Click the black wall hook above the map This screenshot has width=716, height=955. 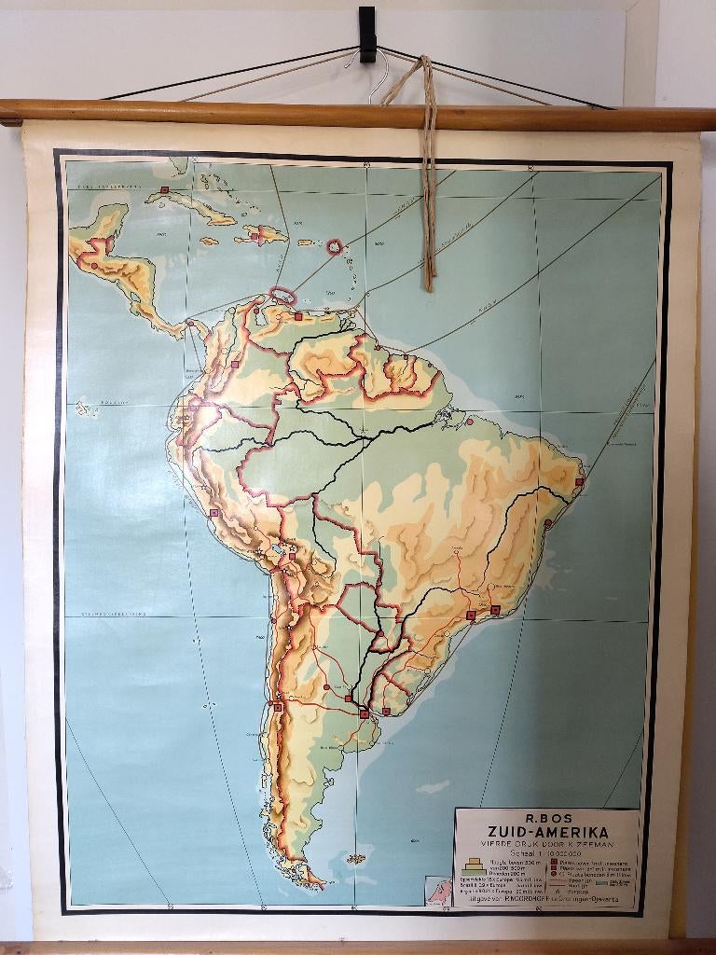click(x=366, y=34)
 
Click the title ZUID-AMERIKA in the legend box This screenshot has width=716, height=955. click(x=547, y=832)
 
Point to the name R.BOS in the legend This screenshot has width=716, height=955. click(x=546, y=815)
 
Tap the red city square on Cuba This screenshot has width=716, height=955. click(x=164, y=190)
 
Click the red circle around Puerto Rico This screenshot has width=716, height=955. click(x=334, y=246)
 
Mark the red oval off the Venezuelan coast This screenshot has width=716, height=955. click(x=282, y=297)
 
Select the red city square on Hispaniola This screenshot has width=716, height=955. click(x=255, y=236)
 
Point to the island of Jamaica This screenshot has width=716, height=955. click(x=210, y=242)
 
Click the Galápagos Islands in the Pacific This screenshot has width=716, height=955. click(x=86, y=408)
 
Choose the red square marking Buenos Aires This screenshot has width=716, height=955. click(x=365, y=713)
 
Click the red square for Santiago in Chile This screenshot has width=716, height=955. click(x=278, y=707)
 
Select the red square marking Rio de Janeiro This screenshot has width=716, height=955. click(x=495, y=610)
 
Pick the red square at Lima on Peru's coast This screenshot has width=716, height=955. click(x=214, y=513)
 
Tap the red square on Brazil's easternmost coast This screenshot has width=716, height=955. click(x=579, y=481)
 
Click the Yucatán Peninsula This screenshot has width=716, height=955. click(x=106, y=221)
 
